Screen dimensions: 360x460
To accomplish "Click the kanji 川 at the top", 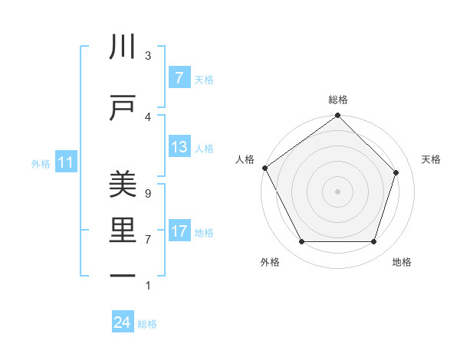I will coord(123,47).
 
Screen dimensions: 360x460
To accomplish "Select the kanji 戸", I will coord(123,109).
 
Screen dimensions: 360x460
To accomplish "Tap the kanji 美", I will coord(123,185).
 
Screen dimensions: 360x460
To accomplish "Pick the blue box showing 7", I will coord(179,78).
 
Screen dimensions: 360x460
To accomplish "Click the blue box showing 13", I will coord(179,147).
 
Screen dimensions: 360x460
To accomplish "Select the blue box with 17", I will coord(179,231).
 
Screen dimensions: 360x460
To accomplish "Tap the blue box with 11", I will coord(66,162).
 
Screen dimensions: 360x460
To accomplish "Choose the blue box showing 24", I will coord(123,322).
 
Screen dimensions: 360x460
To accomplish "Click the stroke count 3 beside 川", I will coord(148,55).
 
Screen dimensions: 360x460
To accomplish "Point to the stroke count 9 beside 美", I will coord(148,193).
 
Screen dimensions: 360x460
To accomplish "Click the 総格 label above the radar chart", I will coord(338,100).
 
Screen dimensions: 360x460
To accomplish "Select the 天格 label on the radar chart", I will coord(432,159).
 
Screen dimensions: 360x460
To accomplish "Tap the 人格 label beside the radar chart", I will coord(245,159).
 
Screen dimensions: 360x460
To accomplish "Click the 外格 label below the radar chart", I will coord(270,262).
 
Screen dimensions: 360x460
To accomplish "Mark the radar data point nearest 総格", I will coord(338,116).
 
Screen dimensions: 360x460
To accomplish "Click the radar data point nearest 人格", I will coord(264,168).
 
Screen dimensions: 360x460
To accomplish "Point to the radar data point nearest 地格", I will coord(373,242).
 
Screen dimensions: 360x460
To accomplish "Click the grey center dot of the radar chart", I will coord(338,191).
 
